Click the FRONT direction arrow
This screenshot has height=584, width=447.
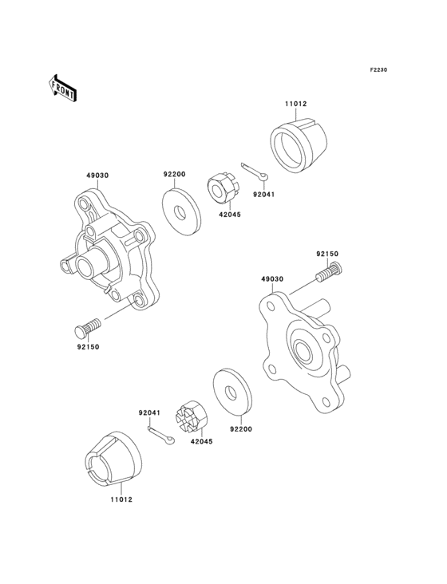(63, 88)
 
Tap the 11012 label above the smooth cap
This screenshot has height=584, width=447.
(296, 104)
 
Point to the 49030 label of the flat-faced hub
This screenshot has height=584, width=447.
(271, 280)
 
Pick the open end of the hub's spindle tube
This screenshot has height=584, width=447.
(68, 264)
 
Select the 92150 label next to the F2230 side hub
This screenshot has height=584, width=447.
(326, 255)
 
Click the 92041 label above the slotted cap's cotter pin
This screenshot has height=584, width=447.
(149, 412)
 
